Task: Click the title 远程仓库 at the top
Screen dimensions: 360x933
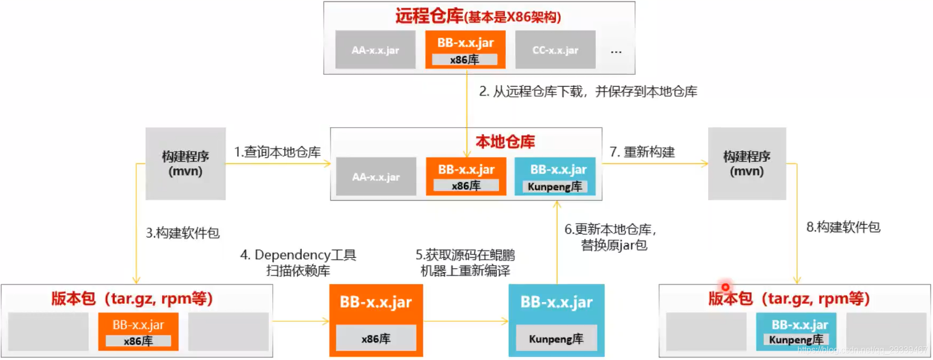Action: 429,16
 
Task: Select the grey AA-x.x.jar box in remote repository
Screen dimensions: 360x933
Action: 375,50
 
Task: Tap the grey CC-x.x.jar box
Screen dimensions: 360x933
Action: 555,50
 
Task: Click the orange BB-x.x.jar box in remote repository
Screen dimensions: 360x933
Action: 465,49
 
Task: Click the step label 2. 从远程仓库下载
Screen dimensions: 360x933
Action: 587,91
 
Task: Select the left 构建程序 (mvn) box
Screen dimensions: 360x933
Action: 185,163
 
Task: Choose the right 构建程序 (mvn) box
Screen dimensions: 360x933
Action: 747,163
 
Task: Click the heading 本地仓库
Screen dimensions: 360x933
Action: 505,142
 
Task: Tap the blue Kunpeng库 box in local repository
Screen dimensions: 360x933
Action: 555,176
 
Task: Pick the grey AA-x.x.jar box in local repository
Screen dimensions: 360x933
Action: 376,176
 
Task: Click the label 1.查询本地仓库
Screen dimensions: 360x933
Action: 277,152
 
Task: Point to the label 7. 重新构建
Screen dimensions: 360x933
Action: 642,152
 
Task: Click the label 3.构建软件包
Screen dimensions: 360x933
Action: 183,233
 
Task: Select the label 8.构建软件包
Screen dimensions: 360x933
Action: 843,227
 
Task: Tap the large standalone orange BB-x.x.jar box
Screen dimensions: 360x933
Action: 376,320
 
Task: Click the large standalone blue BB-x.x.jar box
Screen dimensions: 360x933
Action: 556,320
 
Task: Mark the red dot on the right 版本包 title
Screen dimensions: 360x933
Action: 725,287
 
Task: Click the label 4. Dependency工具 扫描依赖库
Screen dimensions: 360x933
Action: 298,262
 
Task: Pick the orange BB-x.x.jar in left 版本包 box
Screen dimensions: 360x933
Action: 138,332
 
